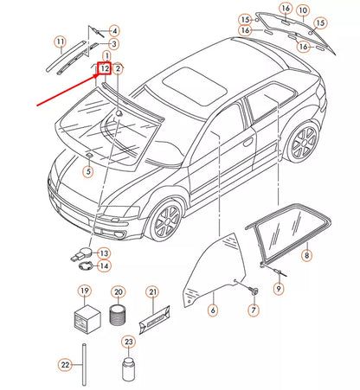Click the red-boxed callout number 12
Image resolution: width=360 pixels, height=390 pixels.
(x=104, y=67)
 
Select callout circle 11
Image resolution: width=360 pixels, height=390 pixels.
(x=60, y=42)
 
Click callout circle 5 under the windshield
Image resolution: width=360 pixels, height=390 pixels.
(x=87, y=172)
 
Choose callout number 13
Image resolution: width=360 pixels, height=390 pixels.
(x=104, y=253)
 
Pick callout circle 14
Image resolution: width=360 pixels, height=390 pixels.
(x=104, y=266)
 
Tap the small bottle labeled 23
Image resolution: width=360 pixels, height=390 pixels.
(x=128, y=370)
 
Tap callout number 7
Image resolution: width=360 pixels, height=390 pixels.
(x=254, y=310)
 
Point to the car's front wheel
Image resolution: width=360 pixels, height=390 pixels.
(x=163, y=221)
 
